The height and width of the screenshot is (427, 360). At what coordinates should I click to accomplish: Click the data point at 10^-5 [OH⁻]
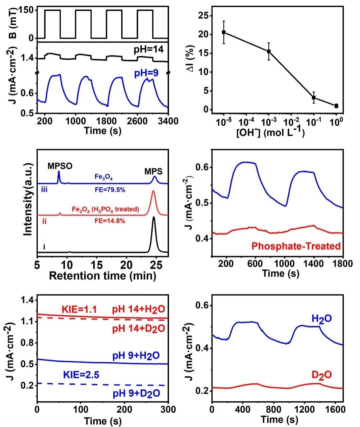click(224, 32)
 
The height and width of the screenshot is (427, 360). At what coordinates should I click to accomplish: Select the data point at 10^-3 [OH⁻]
click(269, 51)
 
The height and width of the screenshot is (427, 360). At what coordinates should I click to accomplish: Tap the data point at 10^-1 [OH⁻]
click(314, 97)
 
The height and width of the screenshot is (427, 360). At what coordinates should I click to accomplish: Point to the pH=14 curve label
click(149, 50)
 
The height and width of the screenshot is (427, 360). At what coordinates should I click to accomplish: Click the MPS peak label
click(154, 171)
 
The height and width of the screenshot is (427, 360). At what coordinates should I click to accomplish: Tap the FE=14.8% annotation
click(109, 220)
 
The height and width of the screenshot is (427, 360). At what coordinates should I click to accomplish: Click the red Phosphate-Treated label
click(296, 246)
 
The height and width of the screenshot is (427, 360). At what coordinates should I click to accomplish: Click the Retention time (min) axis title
click(102, 276)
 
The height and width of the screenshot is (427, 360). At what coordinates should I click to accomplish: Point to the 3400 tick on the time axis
click(168, 121)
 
